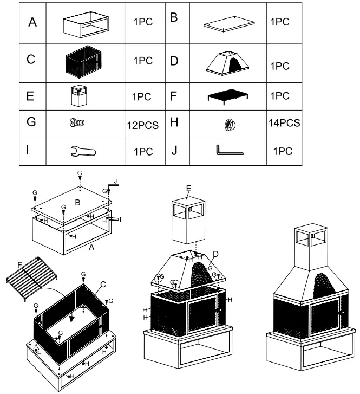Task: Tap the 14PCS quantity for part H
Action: coord(284,123)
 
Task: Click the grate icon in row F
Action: coord(227,96)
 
